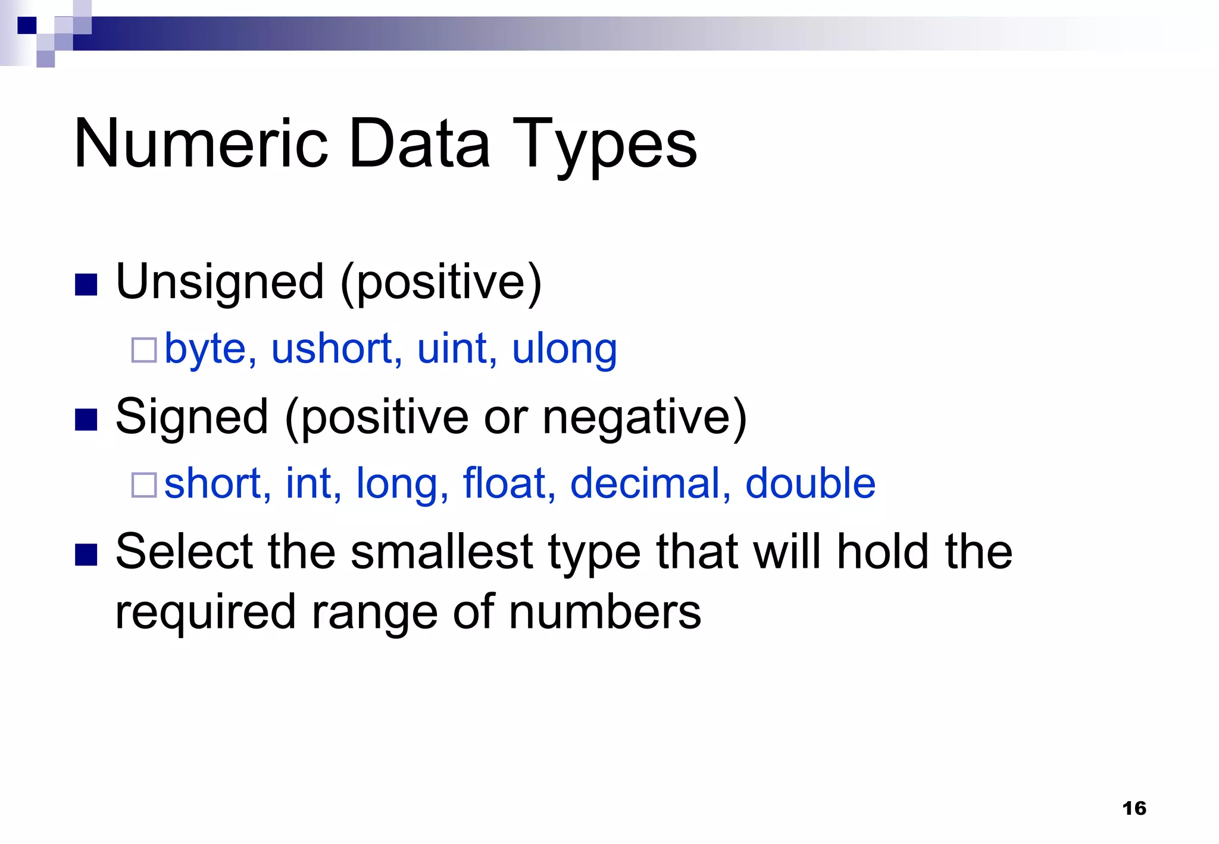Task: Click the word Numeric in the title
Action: click(201, 143)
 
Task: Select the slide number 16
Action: click(1134, 808)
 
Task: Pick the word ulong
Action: click(564, 349)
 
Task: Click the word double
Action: click(810, 483)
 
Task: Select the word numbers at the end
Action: click(605, 612)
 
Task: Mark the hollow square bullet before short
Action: click(144, 485)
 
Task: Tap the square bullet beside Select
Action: click(86, 555)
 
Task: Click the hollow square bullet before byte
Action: click(144, 351)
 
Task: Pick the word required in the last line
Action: click(205, 614)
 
